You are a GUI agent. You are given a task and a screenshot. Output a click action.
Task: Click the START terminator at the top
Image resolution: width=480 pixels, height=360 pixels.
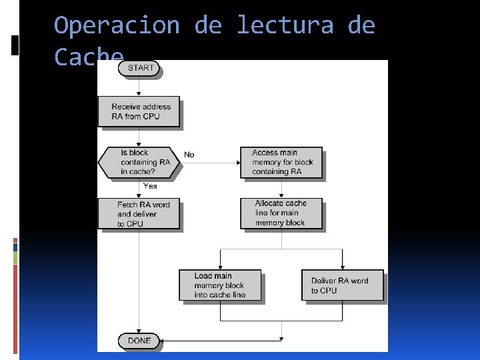(140, 68)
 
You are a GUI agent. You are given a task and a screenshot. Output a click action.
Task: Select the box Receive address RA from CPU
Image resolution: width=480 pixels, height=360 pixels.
(139, 111)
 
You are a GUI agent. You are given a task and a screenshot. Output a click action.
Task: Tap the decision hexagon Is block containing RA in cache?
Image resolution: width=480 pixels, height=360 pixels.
(140, 162)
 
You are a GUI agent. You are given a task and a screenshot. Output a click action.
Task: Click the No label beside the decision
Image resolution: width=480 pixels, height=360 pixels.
(189, 155)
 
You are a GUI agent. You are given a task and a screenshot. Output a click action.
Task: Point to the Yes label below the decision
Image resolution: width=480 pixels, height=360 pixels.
(149, 186)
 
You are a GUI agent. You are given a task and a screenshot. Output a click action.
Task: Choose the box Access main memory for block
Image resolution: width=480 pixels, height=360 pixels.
(281, 162)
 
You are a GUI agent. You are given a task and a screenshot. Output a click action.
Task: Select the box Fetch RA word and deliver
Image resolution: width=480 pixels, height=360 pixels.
(139, 214)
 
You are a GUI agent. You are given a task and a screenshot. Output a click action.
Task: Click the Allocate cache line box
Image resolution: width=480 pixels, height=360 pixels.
(281, 213)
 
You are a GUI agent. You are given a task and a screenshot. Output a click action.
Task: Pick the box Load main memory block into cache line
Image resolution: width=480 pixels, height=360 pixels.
(219, 285)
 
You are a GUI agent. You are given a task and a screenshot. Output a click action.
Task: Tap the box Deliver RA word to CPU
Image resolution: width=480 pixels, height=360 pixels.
(343, 285)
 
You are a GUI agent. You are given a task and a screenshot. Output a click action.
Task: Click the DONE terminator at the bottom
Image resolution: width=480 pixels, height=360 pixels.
(139, 341)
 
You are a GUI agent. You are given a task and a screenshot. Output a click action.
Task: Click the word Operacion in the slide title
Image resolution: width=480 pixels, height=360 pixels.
(117, 26)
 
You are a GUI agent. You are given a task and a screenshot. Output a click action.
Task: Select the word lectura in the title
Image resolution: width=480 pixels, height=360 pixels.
(285, 26)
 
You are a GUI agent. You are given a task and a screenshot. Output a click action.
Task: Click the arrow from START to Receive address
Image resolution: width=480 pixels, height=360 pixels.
(139, 87)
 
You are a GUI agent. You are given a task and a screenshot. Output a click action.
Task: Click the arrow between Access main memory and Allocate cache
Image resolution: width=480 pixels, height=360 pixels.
(281, 188)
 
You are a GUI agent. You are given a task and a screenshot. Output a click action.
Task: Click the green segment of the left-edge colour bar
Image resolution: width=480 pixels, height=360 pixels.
(15, 257)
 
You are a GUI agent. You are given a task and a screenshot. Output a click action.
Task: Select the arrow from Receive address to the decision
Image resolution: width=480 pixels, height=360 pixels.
(139, 137)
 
